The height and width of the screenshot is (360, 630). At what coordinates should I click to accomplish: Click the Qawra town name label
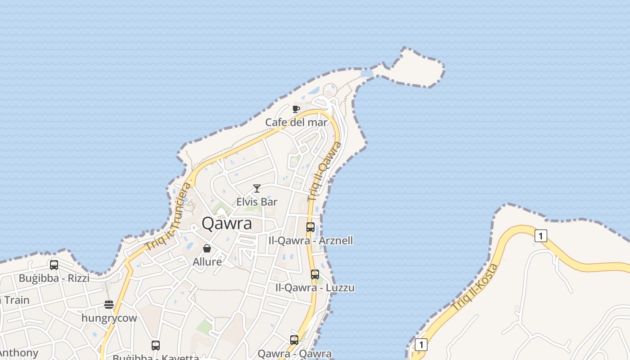[226, 224]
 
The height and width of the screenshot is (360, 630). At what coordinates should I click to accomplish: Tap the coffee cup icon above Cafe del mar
[296, 109]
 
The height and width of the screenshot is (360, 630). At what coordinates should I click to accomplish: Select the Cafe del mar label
[296, 122]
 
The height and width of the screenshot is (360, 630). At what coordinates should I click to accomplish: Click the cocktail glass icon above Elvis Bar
[257, 189]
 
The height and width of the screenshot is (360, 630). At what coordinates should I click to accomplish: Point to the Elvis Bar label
[257, 202]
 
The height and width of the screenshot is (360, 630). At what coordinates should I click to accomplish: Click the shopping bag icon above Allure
[207, 248]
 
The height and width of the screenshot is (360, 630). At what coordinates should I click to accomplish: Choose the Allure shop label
[207, 262]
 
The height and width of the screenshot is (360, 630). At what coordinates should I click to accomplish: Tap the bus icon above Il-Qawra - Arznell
[310, 227]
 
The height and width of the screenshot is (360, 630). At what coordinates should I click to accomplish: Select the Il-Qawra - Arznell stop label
[310, 241]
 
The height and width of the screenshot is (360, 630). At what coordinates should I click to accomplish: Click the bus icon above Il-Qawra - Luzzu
[315, 274]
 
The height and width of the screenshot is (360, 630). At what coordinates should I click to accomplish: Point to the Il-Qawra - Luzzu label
[315, 288]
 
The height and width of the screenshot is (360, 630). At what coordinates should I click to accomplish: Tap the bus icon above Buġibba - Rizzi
[54, 265]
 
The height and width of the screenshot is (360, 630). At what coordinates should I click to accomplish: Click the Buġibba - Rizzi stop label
[54, 278]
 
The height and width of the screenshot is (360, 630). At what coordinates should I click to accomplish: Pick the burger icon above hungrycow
[109, 305]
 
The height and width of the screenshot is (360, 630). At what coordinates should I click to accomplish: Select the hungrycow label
[109, 318]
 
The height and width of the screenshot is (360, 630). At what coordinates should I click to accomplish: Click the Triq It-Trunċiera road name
[168, 217]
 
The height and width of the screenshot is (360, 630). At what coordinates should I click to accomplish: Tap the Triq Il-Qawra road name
[324, 171]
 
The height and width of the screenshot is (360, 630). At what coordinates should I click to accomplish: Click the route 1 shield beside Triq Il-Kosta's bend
[540, 235]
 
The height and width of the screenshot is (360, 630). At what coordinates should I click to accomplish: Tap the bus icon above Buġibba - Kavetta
[156, 346]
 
